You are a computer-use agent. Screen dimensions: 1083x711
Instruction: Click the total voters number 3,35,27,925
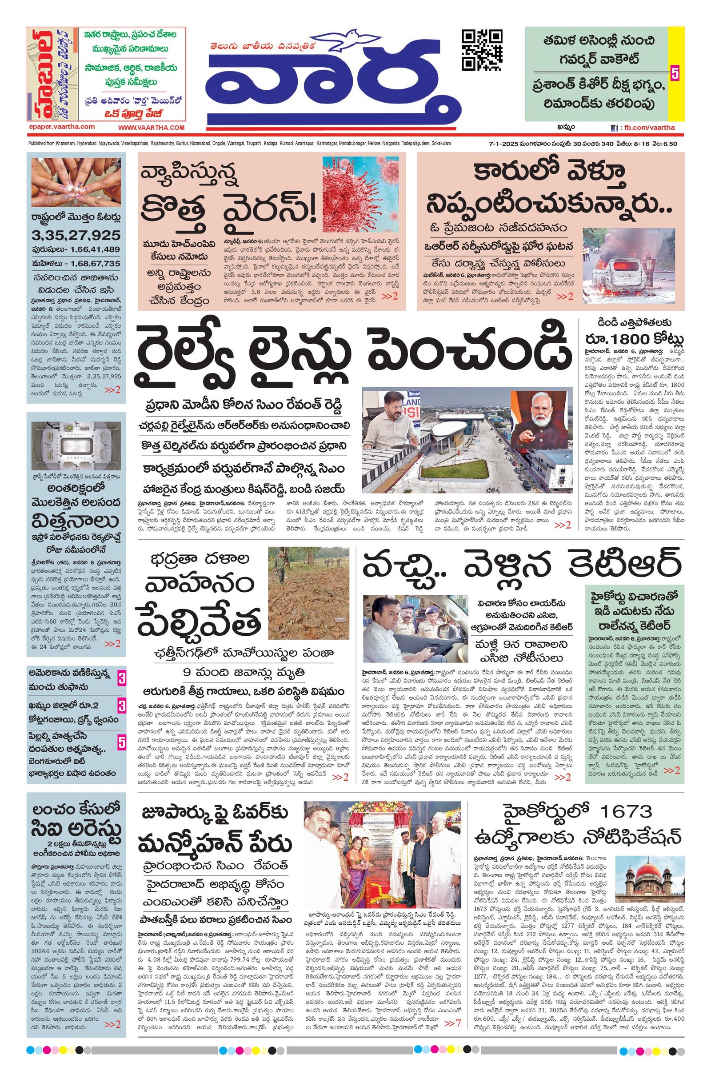[76, 235]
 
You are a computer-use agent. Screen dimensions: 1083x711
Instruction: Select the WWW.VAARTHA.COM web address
[152, 128]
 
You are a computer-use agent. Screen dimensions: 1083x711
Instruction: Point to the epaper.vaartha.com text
[61, 128]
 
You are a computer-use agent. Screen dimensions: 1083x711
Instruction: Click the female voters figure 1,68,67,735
[91, 264]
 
